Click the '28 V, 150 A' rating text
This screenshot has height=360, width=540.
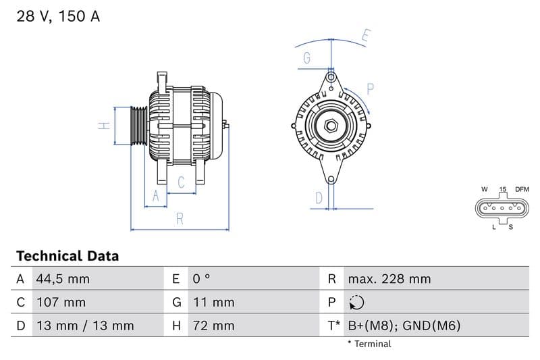pos(58,17)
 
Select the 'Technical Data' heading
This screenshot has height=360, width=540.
pos(67,256)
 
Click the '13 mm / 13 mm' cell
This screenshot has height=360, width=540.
pos(85,326)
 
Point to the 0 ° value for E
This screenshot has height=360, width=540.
pos(201,279)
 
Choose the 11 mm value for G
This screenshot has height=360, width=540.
pos(213,302)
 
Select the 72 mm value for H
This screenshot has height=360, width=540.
pos(213,326)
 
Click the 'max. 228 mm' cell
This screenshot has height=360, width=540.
pos(389,279)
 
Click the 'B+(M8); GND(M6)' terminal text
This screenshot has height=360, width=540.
pos(404,326)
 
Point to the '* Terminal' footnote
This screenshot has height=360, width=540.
pos(369,344)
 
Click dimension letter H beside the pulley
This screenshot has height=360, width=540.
pos(104,126)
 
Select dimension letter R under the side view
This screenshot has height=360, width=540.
pos(180,218)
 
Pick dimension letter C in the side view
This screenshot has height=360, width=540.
pos(181,182)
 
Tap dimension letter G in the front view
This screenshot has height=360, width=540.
pos(306,58)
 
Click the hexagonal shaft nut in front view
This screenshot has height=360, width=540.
pos(331,126)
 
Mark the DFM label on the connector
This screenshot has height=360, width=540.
pos(522,189)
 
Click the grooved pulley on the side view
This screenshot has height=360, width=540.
pos(138,126)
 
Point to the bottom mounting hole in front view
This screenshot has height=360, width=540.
pos(331,179)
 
